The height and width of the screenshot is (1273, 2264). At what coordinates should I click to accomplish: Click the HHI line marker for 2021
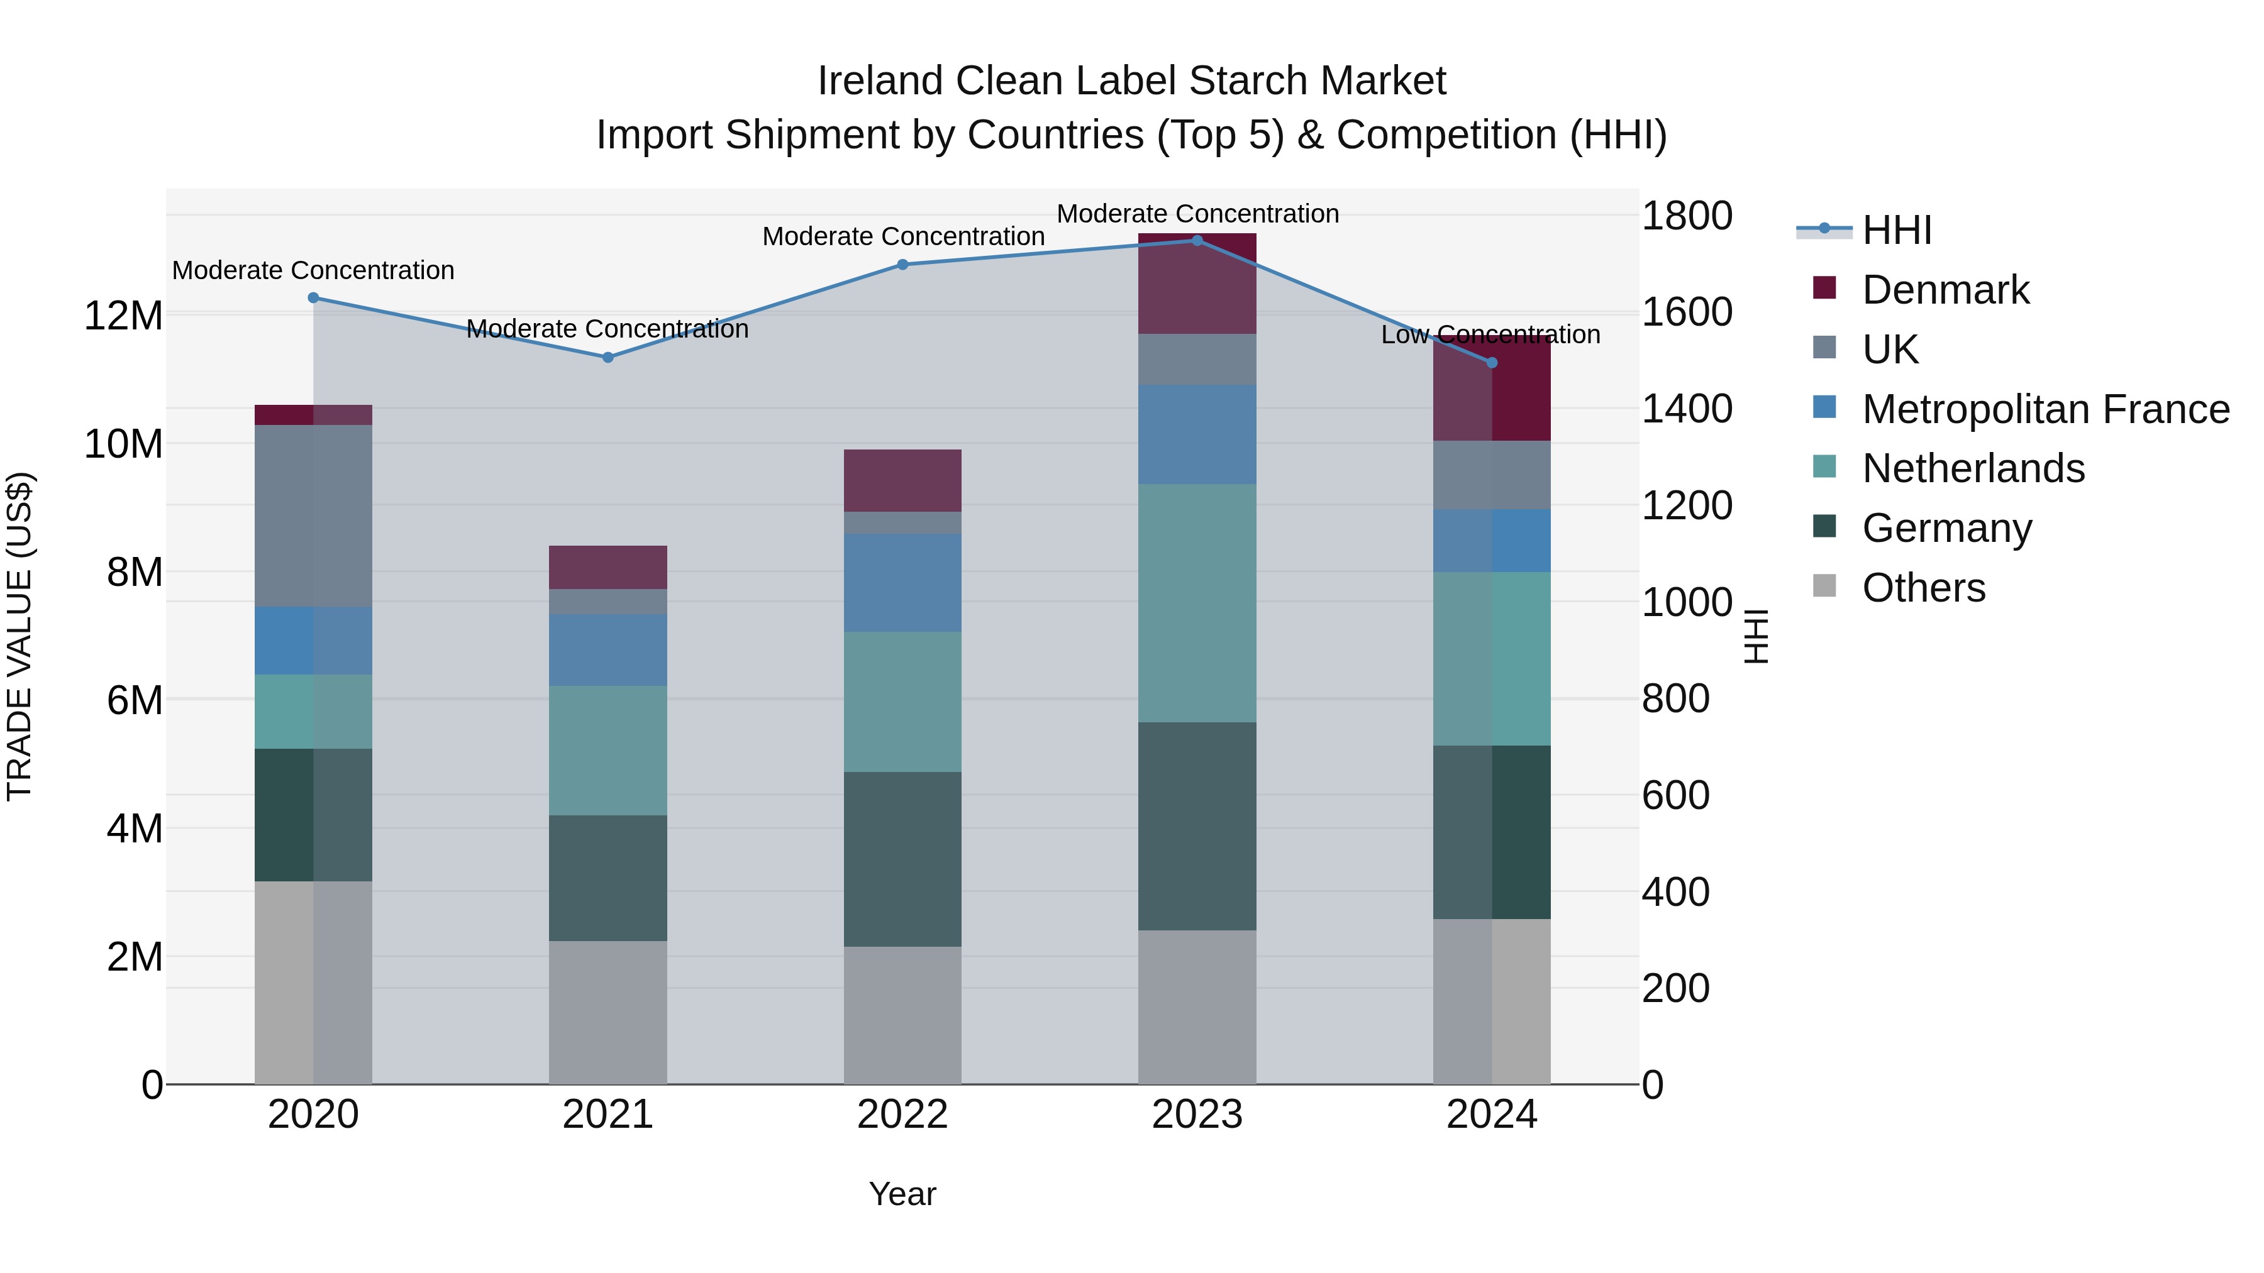coord(608,358)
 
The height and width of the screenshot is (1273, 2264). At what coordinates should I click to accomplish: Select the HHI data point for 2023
coord(1197,241)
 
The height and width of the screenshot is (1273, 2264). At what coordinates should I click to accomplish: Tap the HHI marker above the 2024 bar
coord(1492,363)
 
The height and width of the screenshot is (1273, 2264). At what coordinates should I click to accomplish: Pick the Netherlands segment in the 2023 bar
coord(1197,603)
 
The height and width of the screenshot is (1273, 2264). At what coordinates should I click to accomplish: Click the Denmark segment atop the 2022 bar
coord(902,480)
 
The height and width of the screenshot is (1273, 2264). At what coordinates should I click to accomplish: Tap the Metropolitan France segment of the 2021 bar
coord(608,649)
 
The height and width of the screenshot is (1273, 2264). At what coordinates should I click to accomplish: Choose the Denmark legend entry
coord(1945,290)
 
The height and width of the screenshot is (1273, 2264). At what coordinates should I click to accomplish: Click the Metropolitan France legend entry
coord(2045,409)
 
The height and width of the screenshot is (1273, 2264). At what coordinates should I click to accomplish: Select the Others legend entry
coord(1923,588)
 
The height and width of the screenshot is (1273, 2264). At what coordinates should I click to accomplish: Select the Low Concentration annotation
coord(1490,334)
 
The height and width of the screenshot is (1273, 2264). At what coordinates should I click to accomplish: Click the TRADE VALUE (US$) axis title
coord(19,636)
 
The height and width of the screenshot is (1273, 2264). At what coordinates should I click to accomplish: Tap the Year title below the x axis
coord(902,1194)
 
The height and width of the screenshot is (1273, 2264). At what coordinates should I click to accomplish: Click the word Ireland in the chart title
coord(880,81)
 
